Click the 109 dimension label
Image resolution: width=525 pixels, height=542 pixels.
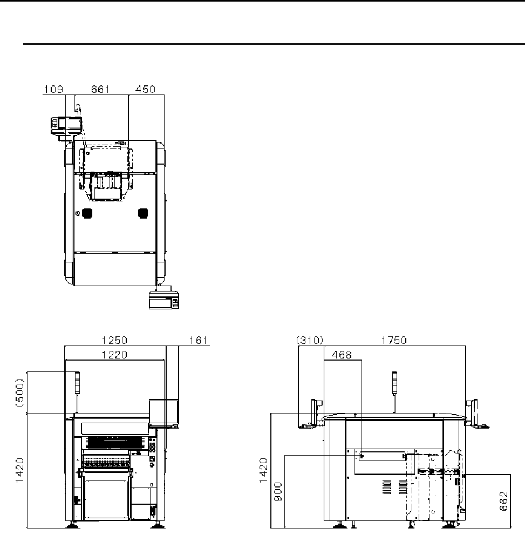(x=53, y=89)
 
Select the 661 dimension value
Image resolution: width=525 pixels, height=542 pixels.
(x=100, y=89)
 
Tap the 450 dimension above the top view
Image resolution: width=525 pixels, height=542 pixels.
(x=145, y=89)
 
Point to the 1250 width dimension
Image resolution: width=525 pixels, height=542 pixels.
(x=114, y=340)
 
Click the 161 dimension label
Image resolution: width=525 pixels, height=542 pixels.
(x=198, y=340)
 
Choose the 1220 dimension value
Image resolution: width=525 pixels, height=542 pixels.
(x=114, y=355)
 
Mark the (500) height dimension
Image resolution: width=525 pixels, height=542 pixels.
(x=20, y=392)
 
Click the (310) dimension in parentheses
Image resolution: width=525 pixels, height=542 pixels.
(x=310, y=340)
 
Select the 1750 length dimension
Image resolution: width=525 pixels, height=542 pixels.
(x=394, y=340)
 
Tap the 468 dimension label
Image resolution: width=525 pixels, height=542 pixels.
(x=342, y=355)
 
